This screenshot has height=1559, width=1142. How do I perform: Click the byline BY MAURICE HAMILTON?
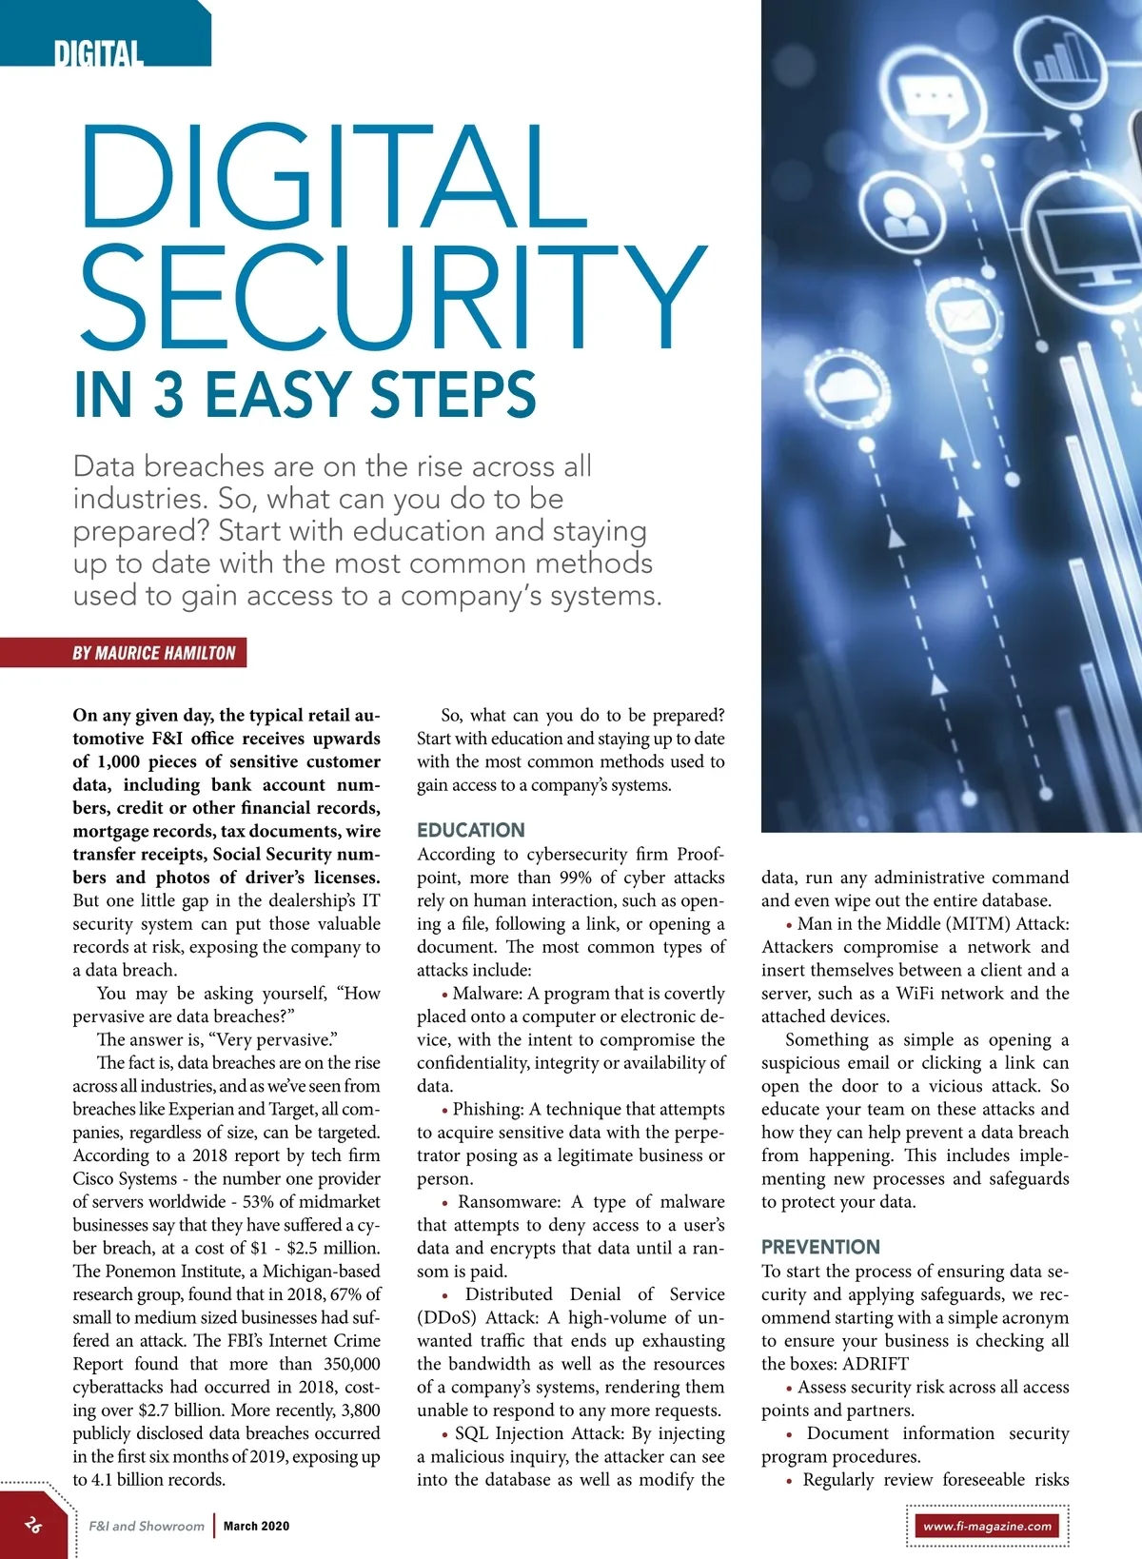pos(154,653)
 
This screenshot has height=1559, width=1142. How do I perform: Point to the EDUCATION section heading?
pos(471,830)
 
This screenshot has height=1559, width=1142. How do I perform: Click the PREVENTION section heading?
pos(820,1247)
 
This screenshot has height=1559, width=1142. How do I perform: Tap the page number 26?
pos(34,1525)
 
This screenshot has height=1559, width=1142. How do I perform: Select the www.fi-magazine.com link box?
pos(988,1527)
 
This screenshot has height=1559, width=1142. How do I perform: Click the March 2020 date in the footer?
pos(256,1526)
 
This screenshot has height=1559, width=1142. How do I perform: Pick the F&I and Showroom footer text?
pos(147,1526)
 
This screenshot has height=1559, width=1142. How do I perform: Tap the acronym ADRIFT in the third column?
pos(876,1363)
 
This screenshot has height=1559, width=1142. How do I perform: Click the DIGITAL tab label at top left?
pos(99,53)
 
